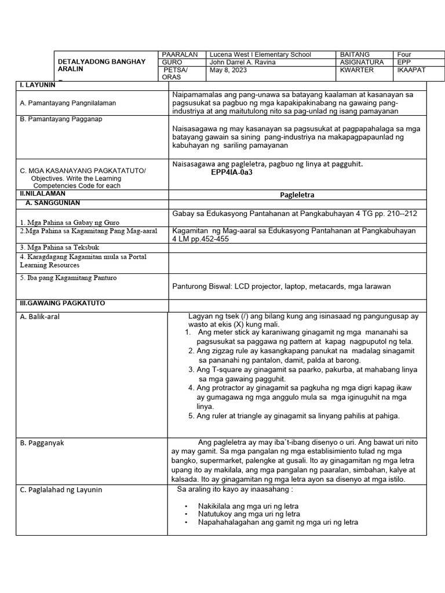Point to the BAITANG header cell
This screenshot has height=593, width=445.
click(x=355, y=54)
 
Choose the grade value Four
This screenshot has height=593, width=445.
click(x=404, y=54)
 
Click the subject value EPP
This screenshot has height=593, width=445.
click(x=403, y=62)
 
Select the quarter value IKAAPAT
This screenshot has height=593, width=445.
click(x=411, y=70)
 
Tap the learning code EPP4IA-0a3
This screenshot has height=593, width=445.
click(x=232, y=173)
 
